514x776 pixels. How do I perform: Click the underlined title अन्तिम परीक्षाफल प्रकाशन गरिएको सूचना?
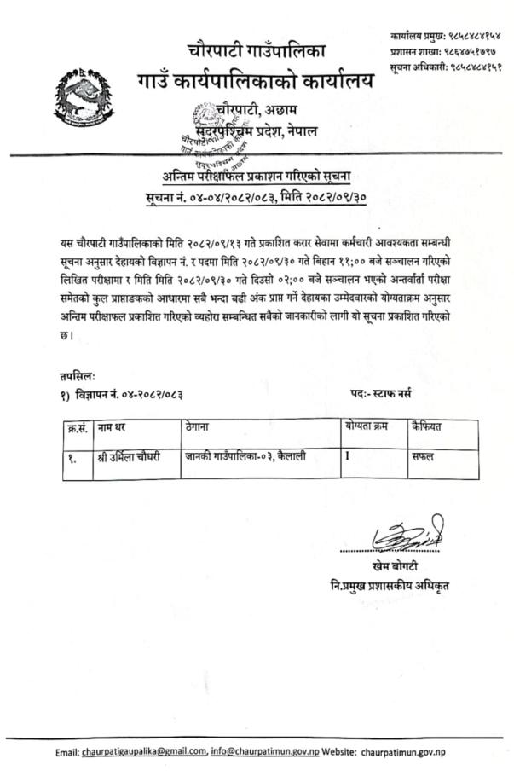point(263,177)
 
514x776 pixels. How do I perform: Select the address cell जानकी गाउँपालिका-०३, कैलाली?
point(245,457)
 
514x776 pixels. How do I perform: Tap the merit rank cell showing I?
point(348,456)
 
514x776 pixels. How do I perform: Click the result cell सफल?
point(422,457)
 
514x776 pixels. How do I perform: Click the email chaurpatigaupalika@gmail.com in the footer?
point(144,751)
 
